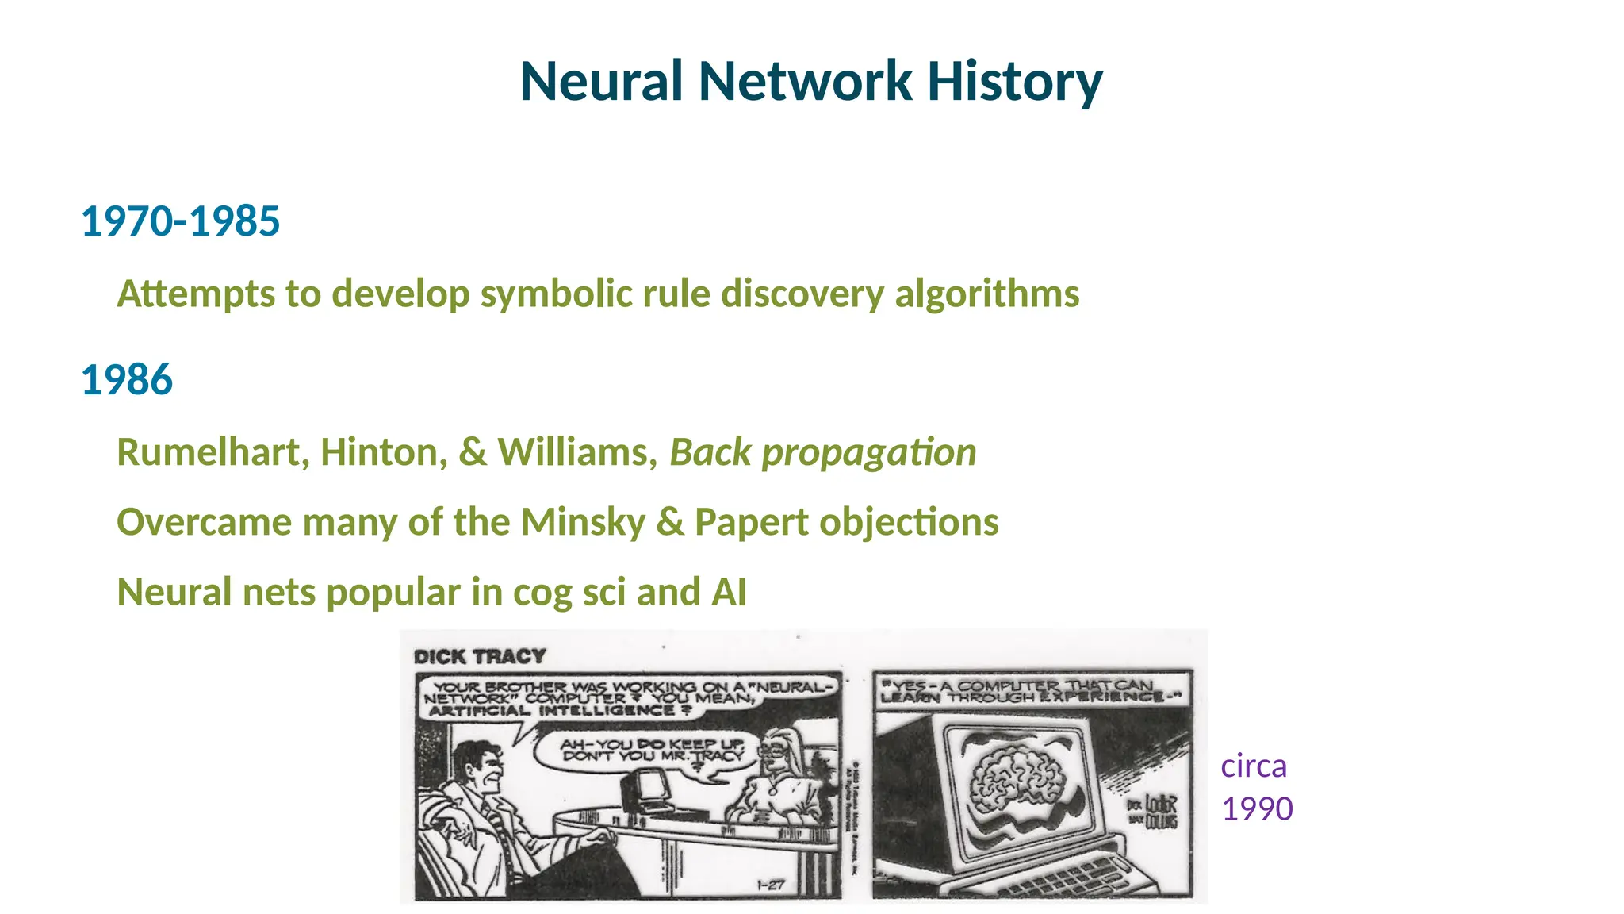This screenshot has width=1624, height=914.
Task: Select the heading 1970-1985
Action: click(x=180, y=221)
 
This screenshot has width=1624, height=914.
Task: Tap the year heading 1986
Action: click(x=127, y=380)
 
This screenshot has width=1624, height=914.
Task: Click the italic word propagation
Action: click(x=869, y=453)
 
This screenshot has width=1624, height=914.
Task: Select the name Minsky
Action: click(x=584, y=523)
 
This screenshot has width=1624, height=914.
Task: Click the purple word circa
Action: click(x=1254, y=766)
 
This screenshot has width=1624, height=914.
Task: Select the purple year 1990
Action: click(x=1258, y=809)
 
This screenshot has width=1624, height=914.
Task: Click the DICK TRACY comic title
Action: click(x=480, y=657)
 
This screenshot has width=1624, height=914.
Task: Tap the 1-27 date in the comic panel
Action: click(x=770, y=885)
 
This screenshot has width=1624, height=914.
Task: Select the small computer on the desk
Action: click(x=644, y=789)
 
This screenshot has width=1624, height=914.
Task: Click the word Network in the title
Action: click(x=804, y=82)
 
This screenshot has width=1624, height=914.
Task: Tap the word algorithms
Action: click(x=986, y=294)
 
